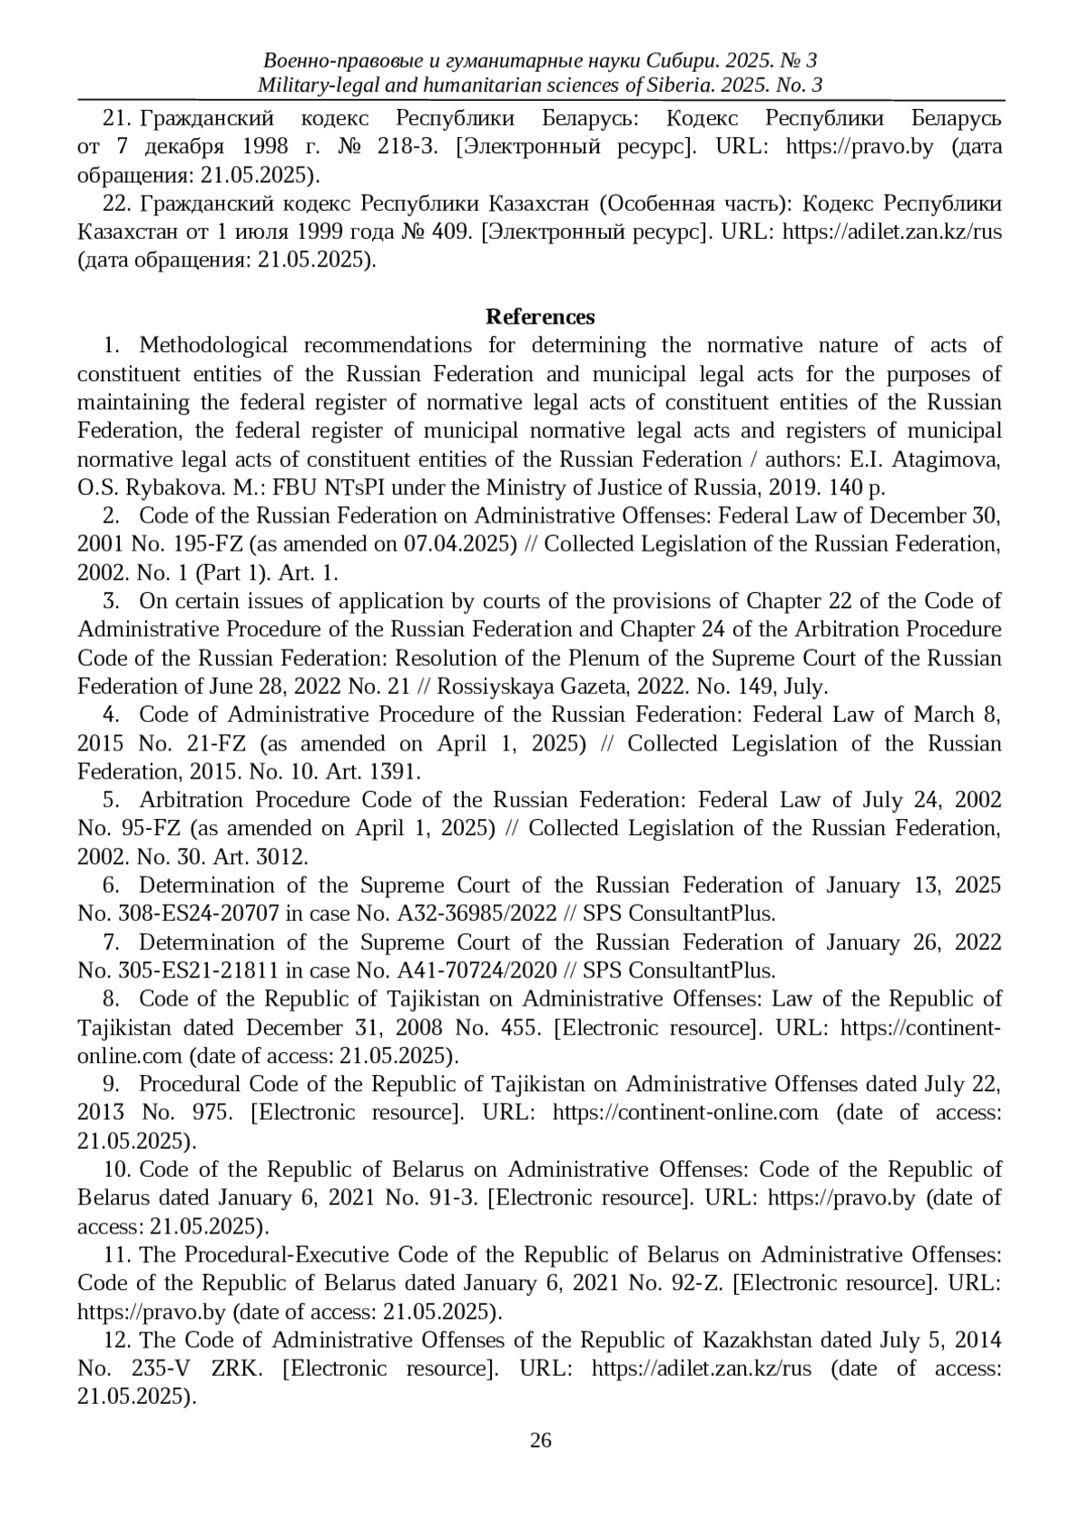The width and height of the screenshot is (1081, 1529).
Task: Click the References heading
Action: pos(540,317)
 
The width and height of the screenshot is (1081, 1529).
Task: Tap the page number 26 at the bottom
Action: pos(540,1440)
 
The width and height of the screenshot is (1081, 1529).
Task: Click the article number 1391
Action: pos(394,772)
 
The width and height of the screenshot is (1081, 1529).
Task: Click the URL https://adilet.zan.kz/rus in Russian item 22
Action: pos(892,232)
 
